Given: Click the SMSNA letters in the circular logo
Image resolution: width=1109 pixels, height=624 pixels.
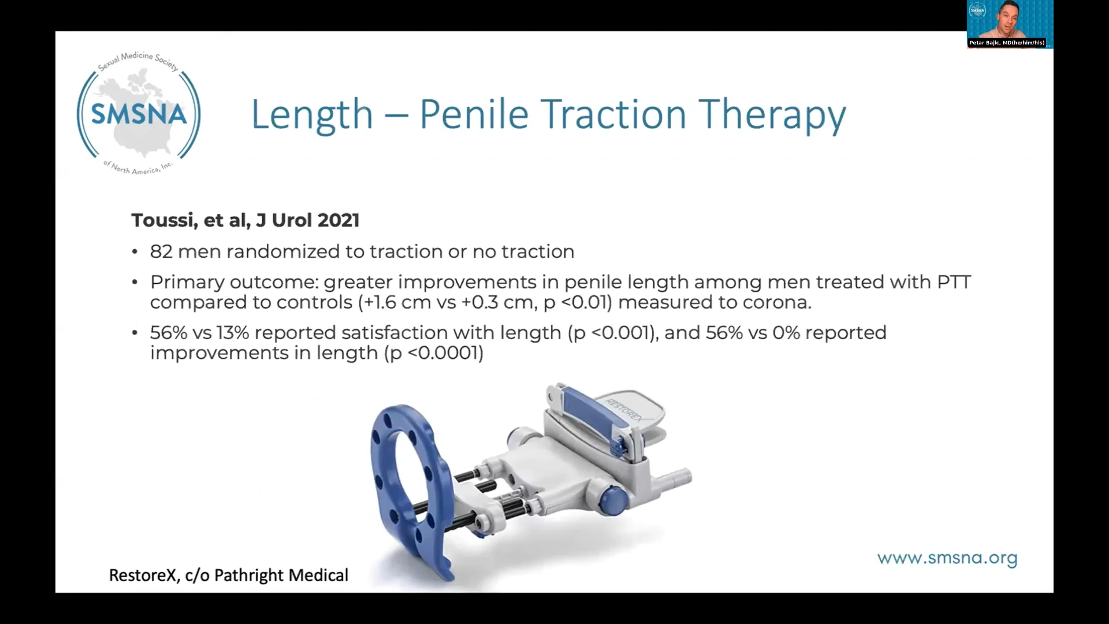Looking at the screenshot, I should click(x=139, y=114).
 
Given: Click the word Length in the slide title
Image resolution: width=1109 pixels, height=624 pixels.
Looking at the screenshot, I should click(x=312, y=114).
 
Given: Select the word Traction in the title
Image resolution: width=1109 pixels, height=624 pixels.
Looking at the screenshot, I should click(x=615, y=114).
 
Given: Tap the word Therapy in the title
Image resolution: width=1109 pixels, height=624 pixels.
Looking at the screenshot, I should click(x=772, y=116).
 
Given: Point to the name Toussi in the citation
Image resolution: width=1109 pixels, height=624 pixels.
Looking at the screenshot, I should click(x=164, y=220).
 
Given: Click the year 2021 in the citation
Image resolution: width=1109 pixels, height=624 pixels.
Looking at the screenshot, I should click(x=338, y=220).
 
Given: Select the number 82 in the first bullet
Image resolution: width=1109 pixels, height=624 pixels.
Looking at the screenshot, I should click(x=161, y=252).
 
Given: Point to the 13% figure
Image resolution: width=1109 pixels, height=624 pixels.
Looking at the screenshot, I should click(x=232, y=333).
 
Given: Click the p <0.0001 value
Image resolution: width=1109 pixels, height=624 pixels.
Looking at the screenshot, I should click(x=434, y=353).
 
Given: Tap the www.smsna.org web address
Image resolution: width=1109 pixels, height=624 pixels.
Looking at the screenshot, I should click(x=947, y=558).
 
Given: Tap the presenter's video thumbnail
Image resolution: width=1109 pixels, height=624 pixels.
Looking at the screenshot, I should click(x=1010, y=23).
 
